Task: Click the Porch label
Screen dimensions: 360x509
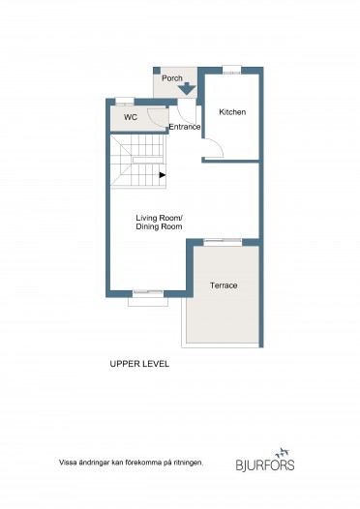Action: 172,78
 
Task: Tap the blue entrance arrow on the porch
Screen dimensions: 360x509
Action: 187,89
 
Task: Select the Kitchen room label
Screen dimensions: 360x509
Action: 232,112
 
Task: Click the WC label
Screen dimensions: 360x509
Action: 131,117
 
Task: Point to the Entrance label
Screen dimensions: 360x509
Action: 185,127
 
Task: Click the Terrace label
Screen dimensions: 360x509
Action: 224,285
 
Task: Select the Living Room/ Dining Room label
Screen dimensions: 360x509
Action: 159,222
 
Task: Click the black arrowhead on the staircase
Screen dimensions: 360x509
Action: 163,175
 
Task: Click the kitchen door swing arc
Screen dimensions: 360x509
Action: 219,145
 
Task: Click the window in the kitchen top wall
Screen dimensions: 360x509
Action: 231,70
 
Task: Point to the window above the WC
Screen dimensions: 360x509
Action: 125,102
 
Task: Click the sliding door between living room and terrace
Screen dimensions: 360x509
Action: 223,241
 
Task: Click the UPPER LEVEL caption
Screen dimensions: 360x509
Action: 139,364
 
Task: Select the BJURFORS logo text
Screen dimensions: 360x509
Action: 265,464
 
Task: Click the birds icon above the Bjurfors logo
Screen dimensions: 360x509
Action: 282,452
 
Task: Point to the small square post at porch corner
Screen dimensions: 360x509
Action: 157,71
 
